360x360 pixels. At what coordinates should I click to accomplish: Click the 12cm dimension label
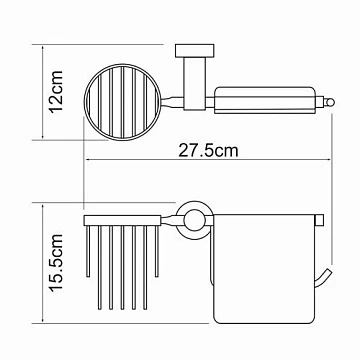coord(56,92)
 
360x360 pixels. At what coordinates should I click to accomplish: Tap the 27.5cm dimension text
coord(209,150)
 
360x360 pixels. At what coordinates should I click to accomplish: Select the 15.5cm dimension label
coord(56,263)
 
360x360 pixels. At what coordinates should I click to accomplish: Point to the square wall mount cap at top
coord(195,50)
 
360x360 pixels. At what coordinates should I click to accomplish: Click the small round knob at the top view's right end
coord(329,101)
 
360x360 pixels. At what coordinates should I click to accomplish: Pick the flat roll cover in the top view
coord(265,100)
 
